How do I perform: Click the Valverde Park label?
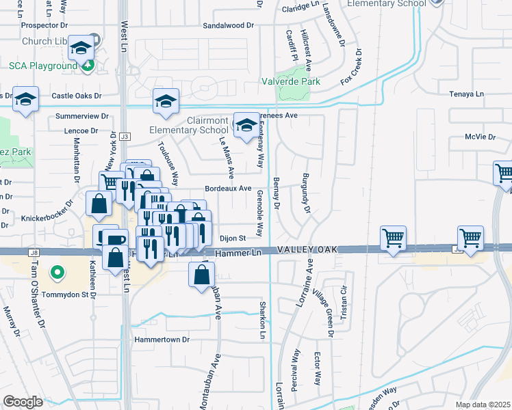[x=291, y=81]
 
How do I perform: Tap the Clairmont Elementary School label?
[x=189, y=125]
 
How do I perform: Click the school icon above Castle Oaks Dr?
[x=166, y=102]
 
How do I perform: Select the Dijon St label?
[x=232, y=238]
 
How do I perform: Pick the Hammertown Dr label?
[x=162, y=339]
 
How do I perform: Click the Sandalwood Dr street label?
[x=228, y=25]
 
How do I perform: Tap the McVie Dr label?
[x=480, y=137]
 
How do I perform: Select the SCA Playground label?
[x=42, y=66]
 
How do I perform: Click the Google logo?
[x=23, y=402]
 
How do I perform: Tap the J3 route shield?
[x=124, y=137]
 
